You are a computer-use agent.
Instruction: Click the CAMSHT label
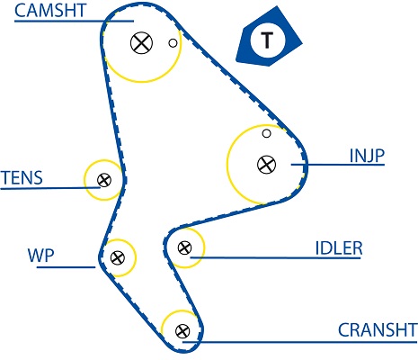(x=50, y=10)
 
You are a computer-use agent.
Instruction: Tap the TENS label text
(x=22, y=177)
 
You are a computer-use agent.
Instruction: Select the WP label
(x=40, y=256)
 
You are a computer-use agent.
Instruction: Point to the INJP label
(x=367, y=156)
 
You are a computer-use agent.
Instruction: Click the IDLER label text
(x=339, y=248)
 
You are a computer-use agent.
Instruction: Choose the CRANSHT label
(x=378, y=330)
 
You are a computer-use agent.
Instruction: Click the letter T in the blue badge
(x=267, y=40)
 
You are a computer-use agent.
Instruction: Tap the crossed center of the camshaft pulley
(x=141, y=43)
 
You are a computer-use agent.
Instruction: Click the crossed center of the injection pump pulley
(x=266, y=165)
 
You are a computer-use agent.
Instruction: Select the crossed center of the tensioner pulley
(x=104, y=180)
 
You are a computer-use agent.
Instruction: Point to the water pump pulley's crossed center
(x=118, y=257)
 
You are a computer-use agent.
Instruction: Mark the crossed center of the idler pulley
(x=184, y=247)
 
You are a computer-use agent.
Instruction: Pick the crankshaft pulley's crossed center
(x=182, y=331)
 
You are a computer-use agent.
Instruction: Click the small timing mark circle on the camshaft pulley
(x=173, y=43)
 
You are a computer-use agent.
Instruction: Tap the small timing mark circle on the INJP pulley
(x=266, y=133)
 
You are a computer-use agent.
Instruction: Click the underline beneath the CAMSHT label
(x=74, y=21)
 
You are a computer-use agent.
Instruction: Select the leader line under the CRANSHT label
(x=299, y=342)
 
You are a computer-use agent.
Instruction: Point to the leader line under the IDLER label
(x=275, y=257)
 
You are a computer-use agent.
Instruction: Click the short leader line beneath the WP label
(x=66, y=266)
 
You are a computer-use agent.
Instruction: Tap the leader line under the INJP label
(x=338, y=165)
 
